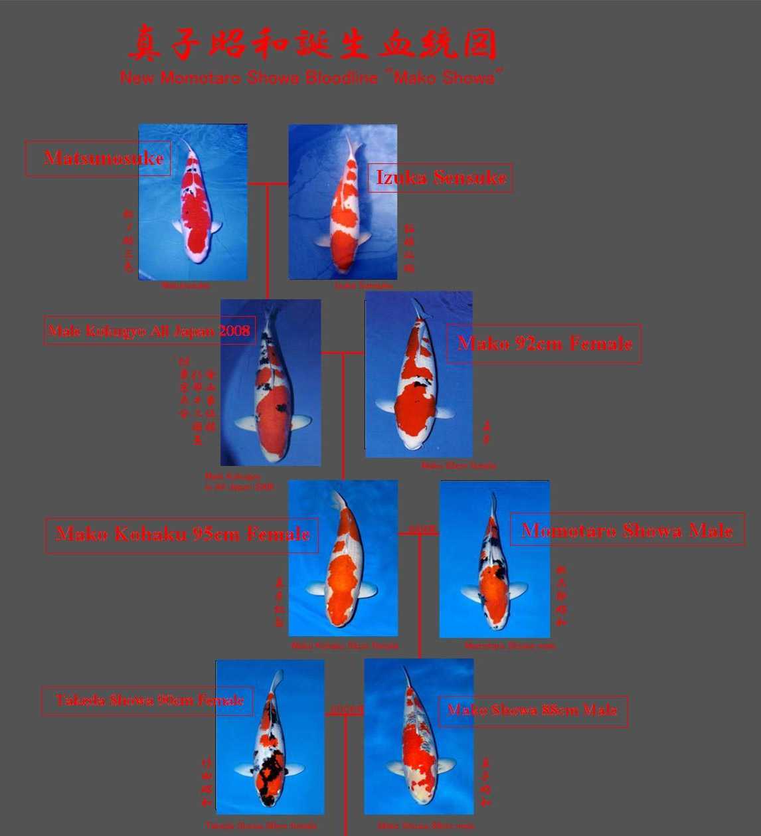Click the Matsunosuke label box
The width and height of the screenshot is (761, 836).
[98, 158]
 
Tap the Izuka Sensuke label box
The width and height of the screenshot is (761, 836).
[440, 178]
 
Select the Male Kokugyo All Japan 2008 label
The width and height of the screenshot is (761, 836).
[150, 330]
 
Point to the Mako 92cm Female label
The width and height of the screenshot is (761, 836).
[543, 343]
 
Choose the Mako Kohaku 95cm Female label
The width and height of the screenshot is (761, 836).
[181, 535]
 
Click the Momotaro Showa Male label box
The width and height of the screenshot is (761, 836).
[627, 530]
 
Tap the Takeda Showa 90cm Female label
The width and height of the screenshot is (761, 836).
[147, 701]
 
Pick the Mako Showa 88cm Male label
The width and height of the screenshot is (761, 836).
[533, 711]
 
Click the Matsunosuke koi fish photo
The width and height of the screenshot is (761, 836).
[193, 203]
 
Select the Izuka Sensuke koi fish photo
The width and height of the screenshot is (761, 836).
[343, 202]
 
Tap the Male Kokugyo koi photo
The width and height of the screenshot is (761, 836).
[271, 382]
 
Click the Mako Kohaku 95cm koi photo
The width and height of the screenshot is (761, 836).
[343, 558]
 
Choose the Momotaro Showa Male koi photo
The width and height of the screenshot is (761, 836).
[495, 559]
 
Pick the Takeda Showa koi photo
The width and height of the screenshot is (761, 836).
[270, 737]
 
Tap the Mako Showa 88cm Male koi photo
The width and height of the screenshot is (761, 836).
[419, 736]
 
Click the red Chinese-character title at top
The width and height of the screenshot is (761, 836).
[312, 43]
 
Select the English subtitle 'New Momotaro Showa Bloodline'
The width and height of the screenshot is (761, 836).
[311, 78]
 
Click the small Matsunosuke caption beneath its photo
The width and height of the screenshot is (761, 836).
[185, 286]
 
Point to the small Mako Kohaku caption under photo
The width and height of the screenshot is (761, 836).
[345, 645]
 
